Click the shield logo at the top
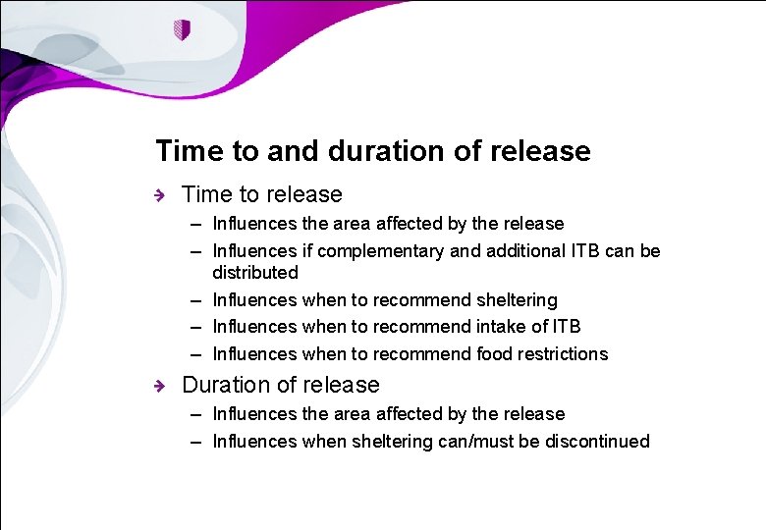pos(180,29)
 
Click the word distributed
pos(254,272)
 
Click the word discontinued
pos(597,441)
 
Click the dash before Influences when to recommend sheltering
pos(197,299)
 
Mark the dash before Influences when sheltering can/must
pos(197,441)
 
